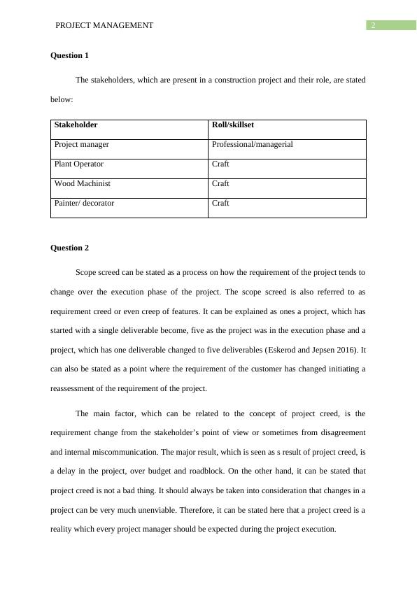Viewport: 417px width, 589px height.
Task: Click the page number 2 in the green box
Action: (374, 25)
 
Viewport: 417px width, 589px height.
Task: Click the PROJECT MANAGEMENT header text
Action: (104, 25)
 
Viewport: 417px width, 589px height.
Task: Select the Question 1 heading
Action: (70, 55)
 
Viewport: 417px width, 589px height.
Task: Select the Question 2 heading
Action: (70, 248)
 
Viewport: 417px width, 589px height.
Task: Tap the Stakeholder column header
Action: (76, 125)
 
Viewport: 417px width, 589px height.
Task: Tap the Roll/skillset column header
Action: (232, 125)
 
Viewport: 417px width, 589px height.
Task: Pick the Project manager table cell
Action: (82, 145)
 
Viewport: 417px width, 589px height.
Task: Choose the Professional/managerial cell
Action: (252, 145)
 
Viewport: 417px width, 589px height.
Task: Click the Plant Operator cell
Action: (79, 164)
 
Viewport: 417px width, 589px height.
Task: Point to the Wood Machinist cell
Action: (83, 184)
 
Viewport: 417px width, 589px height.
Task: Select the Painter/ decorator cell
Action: (84, 204)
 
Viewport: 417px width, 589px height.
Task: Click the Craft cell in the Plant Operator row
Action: (220, 164)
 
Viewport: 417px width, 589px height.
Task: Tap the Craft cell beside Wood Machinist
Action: (220, 184)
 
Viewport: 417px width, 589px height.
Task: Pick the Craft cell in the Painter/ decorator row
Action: (220, 204)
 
